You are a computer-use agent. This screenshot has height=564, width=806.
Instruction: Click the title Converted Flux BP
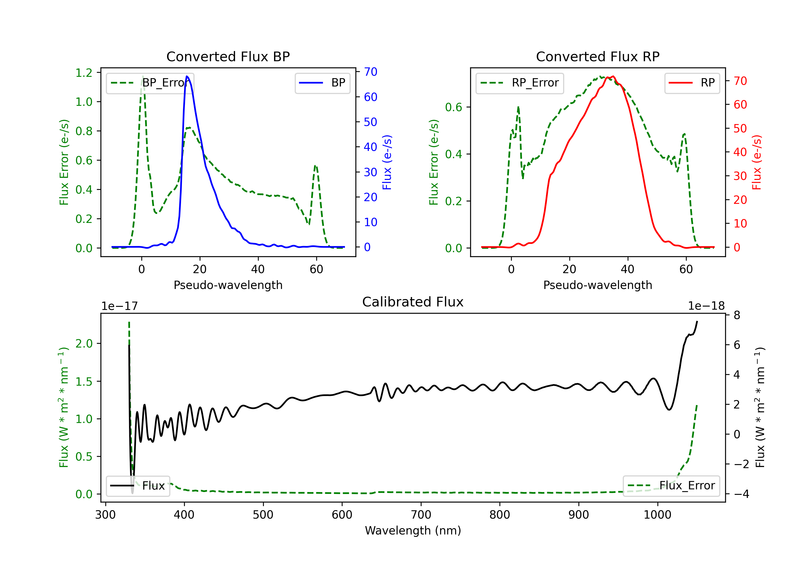click(228, 56)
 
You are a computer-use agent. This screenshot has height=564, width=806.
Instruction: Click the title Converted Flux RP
click(598, 56)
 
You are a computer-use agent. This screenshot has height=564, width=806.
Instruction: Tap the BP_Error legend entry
click(150, 83)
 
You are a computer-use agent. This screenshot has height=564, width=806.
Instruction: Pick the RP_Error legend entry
click(520, 83)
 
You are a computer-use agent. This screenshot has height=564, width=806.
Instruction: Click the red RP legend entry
click(692, 83)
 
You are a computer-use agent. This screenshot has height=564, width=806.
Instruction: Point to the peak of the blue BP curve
click(187, 76)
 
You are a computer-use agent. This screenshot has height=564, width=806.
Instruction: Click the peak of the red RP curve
click(613, 77)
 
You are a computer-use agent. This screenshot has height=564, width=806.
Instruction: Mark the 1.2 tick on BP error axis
click(84, 73)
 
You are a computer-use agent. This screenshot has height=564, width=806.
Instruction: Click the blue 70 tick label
click(370, 72)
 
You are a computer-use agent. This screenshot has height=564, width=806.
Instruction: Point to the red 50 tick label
click(740, 128)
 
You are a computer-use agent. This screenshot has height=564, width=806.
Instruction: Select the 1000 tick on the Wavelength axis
click(657, 515)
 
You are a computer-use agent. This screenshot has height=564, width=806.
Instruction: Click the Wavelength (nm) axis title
click(413, 530)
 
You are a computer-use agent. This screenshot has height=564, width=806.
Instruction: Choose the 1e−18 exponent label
click(706, 306)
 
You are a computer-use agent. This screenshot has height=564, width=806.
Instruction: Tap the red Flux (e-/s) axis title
click(757, 162)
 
